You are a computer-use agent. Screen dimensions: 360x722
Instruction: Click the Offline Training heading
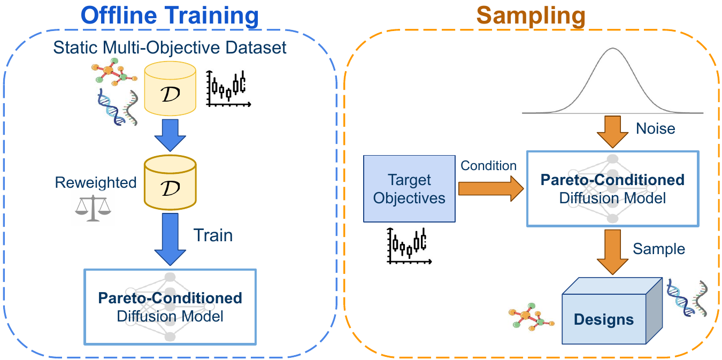point(170,16)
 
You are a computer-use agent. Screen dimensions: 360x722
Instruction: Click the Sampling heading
point(531,16)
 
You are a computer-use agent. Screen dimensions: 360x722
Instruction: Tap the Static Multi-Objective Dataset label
point(170,47)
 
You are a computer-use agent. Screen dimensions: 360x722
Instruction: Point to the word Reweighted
point(96,182)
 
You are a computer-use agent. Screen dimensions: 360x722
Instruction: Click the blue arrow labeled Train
point(170,238)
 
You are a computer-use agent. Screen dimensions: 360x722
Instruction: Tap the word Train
point(213,235)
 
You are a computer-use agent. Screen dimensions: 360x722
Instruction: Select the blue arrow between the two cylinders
point(170,136)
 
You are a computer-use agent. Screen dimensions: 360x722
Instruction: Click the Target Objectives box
point(409,188)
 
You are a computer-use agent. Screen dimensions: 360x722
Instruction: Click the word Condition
point(489,166)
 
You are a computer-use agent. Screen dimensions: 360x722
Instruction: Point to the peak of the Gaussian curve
point(613,49)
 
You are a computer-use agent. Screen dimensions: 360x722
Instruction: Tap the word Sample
point(659,249)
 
